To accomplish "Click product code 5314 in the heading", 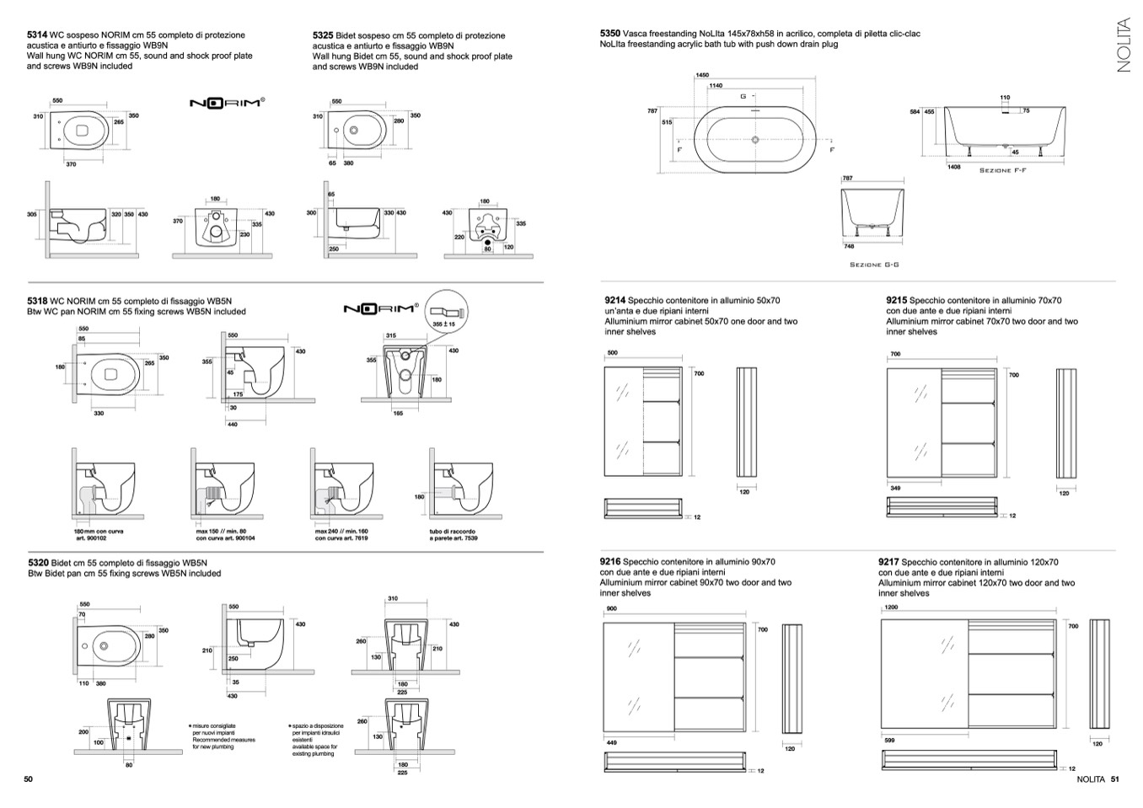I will pyautogui.click(x=37, y=35).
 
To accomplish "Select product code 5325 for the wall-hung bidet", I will pyautogui.click(x=323, y=35).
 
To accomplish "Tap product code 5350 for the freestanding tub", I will pyautogui.click(x=610, y=34).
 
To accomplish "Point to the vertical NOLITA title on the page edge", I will pyautogui.click(x=1123, y=45).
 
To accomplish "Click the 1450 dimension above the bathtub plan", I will pyautogui.click(x=702, y=76).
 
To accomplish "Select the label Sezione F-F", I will pyautogui.click(x=1002, y=170).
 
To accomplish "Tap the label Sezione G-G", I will pyautogui.click(x=873, y=265).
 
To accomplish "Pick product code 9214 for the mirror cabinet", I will pyautogui.click(x=615, y=300).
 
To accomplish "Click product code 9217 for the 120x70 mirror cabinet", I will pyautogui.click(x=888, y=562).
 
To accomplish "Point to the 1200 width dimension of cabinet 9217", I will pyautogui.click(x=890, y=607).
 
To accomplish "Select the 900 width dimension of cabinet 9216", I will pyautogui.click(x=611, y=608).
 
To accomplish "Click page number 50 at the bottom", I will pyautogui.click(x=28, y=779).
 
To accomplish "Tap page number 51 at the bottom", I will pyautogui.click(x=1114, y=779).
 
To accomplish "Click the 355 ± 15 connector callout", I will pyautogui.click(x=443, y=324).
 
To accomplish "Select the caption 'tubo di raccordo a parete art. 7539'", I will pyautogui.click(x=453, y=535).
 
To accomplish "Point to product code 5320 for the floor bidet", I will pyautogui.click(x=38, y=562).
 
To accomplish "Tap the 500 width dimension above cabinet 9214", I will pyautogui.click(x=612, y=353).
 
